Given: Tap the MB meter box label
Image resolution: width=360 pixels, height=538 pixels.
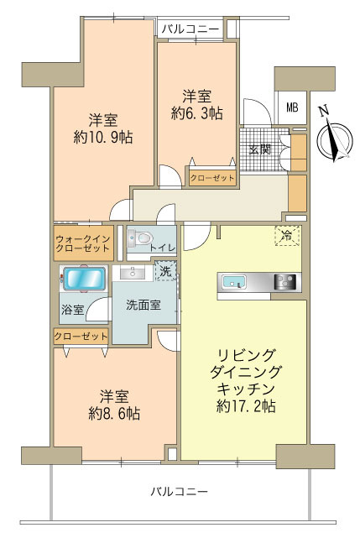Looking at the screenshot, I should [x=291, y=107].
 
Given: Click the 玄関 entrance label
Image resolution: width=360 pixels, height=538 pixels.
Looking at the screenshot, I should [x=259, y=149].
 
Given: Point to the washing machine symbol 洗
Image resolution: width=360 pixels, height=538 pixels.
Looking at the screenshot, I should [x=167, y=270].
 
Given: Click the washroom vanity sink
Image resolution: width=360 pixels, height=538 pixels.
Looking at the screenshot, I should [x=133, y=274].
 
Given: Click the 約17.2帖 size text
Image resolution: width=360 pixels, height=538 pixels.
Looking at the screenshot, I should [x=243, y=407].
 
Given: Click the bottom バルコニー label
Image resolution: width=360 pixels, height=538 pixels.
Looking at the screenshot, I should [x=180, y=490].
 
